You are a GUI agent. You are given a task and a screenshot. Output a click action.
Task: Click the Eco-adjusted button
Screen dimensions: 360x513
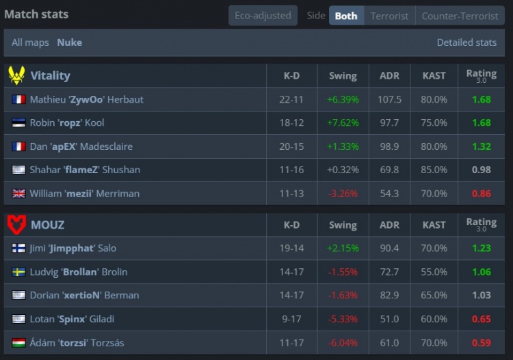(263, 16)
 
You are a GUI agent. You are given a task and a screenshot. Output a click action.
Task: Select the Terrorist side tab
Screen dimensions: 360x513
(389, 16)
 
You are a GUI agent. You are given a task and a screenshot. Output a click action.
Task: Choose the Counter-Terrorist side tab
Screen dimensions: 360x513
(460, 16)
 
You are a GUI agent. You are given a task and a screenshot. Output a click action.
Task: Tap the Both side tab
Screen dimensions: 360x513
(346, 16)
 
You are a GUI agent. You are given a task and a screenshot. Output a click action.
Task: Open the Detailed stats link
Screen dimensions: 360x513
(466, 42)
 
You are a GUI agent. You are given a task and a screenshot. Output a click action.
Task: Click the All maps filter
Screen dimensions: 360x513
(30, 42)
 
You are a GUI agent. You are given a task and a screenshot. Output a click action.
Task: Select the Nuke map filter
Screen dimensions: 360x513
(69, 42)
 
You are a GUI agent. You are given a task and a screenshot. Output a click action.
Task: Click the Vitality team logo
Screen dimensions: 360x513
(16, 75)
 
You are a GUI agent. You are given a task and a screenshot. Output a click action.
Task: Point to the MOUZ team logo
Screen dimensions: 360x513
(16, 224)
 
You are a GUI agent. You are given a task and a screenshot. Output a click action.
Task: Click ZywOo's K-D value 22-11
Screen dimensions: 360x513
(291, 99)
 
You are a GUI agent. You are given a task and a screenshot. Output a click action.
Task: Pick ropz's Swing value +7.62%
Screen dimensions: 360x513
(343, 123)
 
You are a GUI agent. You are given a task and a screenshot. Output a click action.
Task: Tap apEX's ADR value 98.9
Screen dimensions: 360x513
(389, 146)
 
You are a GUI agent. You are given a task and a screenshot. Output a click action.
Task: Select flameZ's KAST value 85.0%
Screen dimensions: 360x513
(434, 170)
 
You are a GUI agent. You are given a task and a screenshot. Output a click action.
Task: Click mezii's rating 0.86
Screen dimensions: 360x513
(482, 194)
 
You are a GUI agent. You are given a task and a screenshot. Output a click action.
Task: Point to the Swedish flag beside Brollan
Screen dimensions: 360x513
(19, 272)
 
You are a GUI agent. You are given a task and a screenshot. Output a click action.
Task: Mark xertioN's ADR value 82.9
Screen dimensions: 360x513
(389, 296)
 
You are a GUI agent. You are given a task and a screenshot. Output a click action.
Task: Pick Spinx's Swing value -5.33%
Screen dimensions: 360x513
(343, 319)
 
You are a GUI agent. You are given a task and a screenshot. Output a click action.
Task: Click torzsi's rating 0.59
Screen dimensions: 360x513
(482, 343)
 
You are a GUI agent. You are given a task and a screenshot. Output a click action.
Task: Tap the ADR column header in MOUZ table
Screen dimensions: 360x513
(389, 224)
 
